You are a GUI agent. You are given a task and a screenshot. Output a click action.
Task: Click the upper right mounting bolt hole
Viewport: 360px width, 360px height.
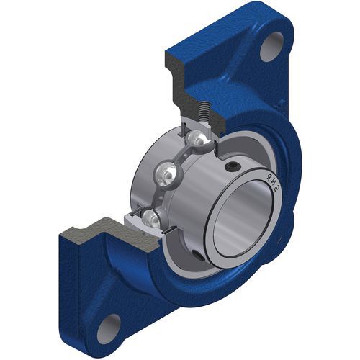coord(272,47)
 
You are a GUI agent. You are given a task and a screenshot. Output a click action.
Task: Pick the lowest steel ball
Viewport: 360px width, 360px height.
coord(150,218)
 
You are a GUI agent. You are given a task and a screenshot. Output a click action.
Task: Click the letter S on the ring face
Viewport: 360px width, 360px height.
coord(277,191)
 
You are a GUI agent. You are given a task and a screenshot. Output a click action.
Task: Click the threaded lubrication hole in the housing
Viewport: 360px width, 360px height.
coord(204,112)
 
